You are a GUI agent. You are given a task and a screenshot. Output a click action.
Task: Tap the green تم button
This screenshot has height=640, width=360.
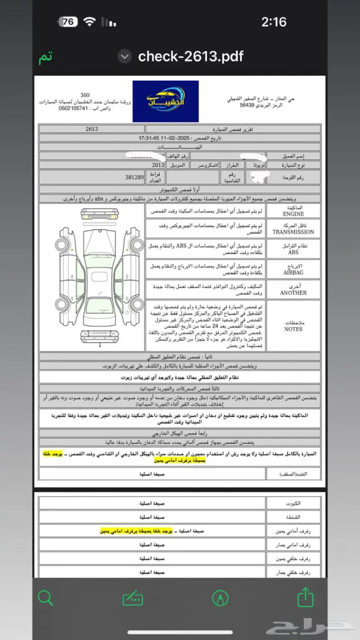click(45, 57)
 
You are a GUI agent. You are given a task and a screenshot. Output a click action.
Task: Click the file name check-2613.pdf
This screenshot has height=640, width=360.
click(190, 56)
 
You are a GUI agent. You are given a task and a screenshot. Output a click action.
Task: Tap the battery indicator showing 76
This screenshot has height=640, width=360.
click(68, 22)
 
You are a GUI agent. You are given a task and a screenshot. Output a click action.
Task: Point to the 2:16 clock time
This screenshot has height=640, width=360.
click(274, 22)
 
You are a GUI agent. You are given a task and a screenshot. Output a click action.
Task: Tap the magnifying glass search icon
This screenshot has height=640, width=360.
click(46, 598)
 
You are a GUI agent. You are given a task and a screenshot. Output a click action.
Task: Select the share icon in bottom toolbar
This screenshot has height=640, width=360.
click(305, 598)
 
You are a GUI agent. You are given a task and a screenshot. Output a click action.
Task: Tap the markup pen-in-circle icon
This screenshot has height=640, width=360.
click(220, 598)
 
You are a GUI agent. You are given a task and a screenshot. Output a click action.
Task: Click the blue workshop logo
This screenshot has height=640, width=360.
click(166, 101)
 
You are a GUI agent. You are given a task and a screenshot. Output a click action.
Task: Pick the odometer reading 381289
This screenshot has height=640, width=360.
click(135, 177)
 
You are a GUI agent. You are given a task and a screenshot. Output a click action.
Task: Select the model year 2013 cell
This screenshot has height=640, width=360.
click(158, 165)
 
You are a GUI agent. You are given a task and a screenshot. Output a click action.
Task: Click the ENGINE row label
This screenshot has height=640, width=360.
click(293, 211)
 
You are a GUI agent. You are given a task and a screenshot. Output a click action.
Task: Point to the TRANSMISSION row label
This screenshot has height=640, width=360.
click(293, 229)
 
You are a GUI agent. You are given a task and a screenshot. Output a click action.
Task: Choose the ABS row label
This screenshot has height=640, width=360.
click(293, 249)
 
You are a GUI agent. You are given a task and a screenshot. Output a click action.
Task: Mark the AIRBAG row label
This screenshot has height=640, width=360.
click(293, 269)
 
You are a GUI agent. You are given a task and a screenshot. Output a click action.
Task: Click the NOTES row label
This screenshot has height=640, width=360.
click(293, 326)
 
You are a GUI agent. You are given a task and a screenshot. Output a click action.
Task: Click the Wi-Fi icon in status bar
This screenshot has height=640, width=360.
click(91, 22)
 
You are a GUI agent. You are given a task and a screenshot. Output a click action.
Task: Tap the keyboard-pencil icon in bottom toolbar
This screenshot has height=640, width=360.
click(133, 598)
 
